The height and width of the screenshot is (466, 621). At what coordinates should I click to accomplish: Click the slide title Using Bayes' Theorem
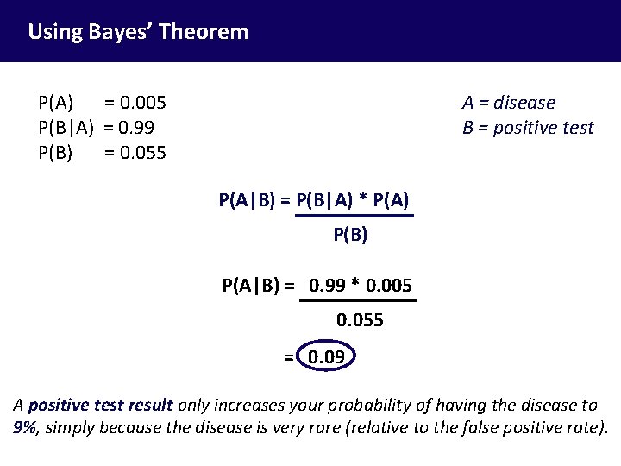tap(138, 33)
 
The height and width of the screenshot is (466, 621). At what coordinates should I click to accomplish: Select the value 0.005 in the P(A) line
tap(143, 103)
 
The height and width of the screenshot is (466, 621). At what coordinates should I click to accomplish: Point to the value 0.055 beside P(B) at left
tap(143, 154)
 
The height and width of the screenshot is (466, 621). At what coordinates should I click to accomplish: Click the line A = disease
tap(509, 103)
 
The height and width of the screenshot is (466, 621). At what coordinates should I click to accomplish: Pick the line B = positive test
tap(528, 128)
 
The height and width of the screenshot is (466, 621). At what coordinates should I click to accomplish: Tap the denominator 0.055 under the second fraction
tap(360, 320)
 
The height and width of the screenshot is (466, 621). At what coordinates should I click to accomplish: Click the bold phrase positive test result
tap(101, 404)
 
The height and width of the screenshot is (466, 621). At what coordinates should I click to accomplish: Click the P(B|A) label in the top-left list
tap(66, 128)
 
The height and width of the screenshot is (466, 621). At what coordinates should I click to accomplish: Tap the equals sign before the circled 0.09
tap(288, 356)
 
